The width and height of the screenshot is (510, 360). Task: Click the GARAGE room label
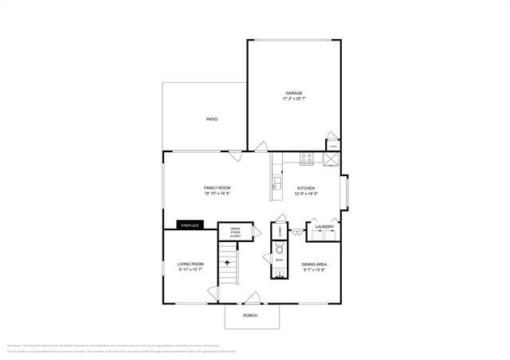tap(294, 93)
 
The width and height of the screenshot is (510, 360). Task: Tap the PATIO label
tap(212, 119)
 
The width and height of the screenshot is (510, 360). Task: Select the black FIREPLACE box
tap(189, 225)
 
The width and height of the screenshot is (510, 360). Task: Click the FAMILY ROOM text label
tap(217, 188)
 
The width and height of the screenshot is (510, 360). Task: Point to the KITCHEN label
tap(305, 188)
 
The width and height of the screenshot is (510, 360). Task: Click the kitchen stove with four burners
tap(306, 158)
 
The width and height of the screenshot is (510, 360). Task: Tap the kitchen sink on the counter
tap(277, 186)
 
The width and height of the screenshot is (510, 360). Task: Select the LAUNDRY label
tap(324, 227)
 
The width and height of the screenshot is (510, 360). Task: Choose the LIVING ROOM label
tap(190, 264)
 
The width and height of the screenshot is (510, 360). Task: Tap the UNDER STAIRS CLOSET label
tap(235, 233)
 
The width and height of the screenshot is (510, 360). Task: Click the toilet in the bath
tap(280, 248)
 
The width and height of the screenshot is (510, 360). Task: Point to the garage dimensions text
tap(294, 100)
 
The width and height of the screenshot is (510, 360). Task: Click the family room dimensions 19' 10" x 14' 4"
tap(217, 194)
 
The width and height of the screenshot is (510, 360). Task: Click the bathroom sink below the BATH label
tap(279, 273)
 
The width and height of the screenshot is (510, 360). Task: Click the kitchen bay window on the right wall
tap(344, 194)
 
